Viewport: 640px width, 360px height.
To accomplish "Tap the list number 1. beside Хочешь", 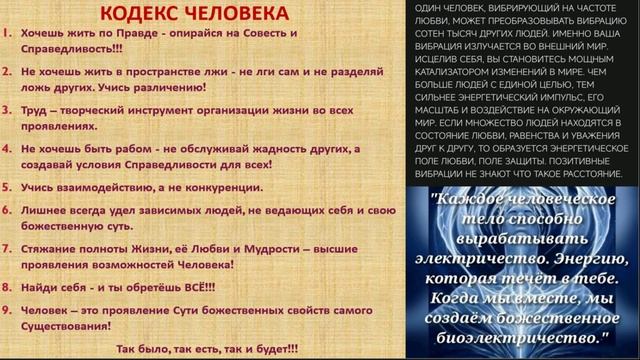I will coord(7,33).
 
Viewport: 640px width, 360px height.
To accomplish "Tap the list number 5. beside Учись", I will coord(7,187).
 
